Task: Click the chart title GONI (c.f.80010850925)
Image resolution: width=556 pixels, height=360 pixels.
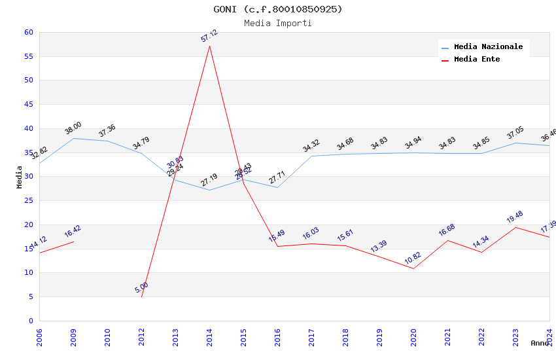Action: point(278,9)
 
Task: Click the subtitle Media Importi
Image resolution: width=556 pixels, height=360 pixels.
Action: point(278,24)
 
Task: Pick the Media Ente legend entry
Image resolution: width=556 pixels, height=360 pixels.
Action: point(477,60)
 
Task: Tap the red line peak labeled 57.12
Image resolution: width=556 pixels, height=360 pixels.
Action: point(209,46)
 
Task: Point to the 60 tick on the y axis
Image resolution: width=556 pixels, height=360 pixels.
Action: point(28,32)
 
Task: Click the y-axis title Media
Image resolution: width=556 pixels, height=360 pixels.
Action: point(20,177)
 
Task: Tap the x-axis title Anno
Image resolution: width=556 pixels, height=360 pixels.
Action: point(540,343)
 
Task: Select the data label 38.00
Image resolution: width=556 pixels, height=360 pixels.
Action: point(73,128)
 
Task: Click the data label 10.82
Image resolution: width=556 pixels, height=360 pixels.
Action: point(413,259)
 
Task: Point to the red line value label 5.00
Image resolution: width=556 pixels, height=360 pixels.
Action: point(142,287)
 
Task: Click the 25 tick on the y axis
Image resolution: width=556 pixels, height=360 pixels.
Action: point(28,200)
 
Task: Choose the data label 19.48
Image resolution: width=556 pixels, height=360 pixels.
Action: point(515,217)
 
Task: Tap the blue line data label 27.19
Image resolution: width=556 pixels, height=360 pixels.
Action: point(209,180)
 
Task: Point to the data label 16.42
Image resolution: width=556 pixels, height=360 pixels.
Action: point(73,231)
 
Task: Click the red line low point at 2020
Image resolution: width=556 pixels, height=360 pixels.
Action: point(413,268)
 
